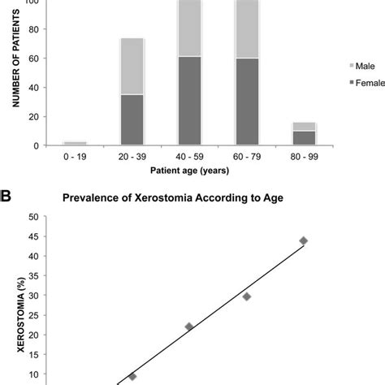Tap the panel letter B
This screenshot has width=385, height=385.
pos(6,196)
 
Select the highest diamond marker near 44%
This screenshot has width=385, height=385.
pos(303,240)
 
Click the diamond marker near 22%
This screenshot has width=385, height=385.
pos(189,327)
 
